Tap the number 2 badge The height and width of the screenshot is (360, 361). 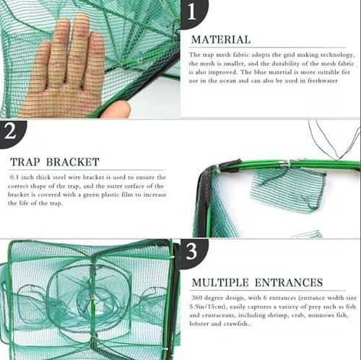12,131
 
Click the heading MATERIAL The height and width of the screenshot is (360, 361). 219,40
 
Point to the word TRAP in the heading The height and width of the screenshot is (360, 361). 27,161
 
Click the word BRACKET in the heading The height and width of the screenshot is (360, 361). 71,161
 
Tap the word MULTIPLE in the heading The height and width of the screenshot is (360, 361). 222,282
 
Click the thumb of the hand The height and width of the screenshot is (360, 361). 116,109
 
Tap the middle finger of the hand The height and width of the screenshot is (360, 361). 78,36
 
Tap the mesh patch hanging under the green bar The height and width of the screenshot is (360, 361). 287,191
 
